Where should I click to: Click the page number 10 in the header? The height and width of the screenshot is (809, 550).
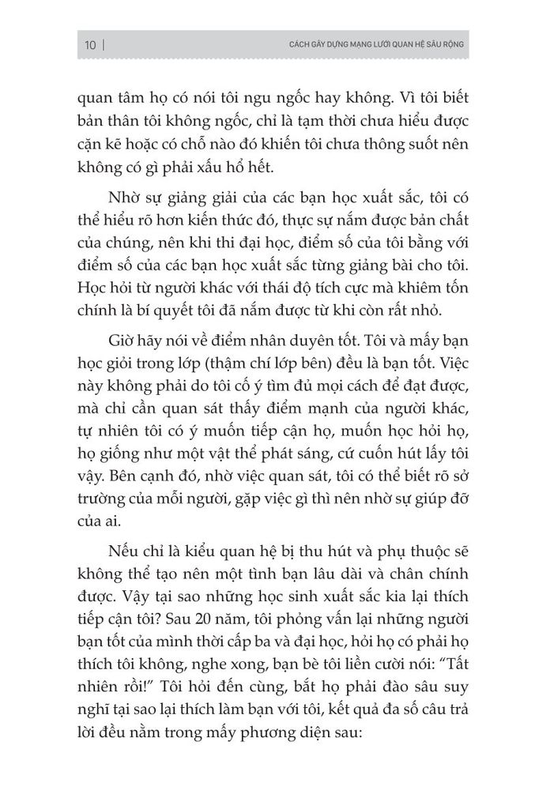(88, 45)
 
